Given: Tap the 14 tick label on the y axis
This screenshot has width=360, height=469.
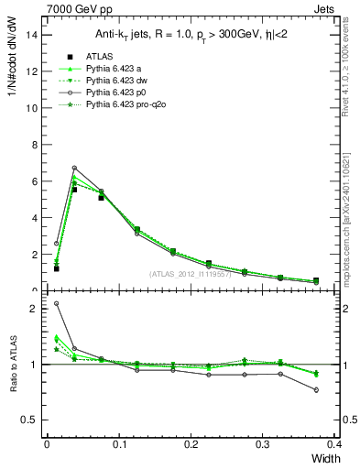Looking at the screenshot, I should pyautogui.click(x=32, y=34).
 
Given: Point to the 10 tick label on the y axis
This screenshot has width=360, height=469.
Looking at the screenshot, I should pyautogui.click(x=32, y=107).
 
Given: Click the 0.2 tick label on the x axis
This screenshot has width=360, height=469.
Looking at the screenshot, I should pyautogui.click(x=191, y=445).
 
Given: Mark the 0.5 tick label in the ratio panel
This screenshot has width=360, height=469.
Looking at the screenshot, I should pyautogui.click(x=29, y=420).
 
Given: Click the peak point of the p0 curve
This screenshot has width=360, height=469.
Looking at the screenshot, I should pyautogui.click(x=74, y=168).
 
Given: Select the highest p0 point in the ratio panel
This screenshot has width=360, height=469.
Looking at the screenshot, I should pyautogui.click(x=57, y=303).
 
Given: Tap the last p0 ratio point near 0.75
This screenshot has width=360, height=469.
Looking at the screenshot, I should pyautogui.click(x=316, y=390).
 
